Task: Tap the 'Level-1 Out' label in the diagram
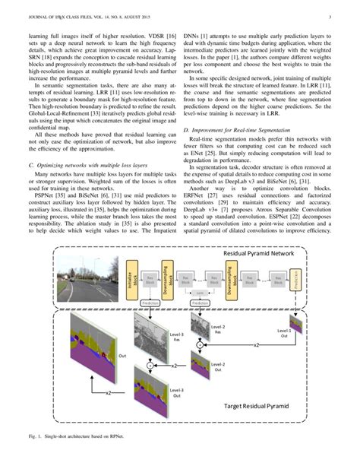pos(283,335)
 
